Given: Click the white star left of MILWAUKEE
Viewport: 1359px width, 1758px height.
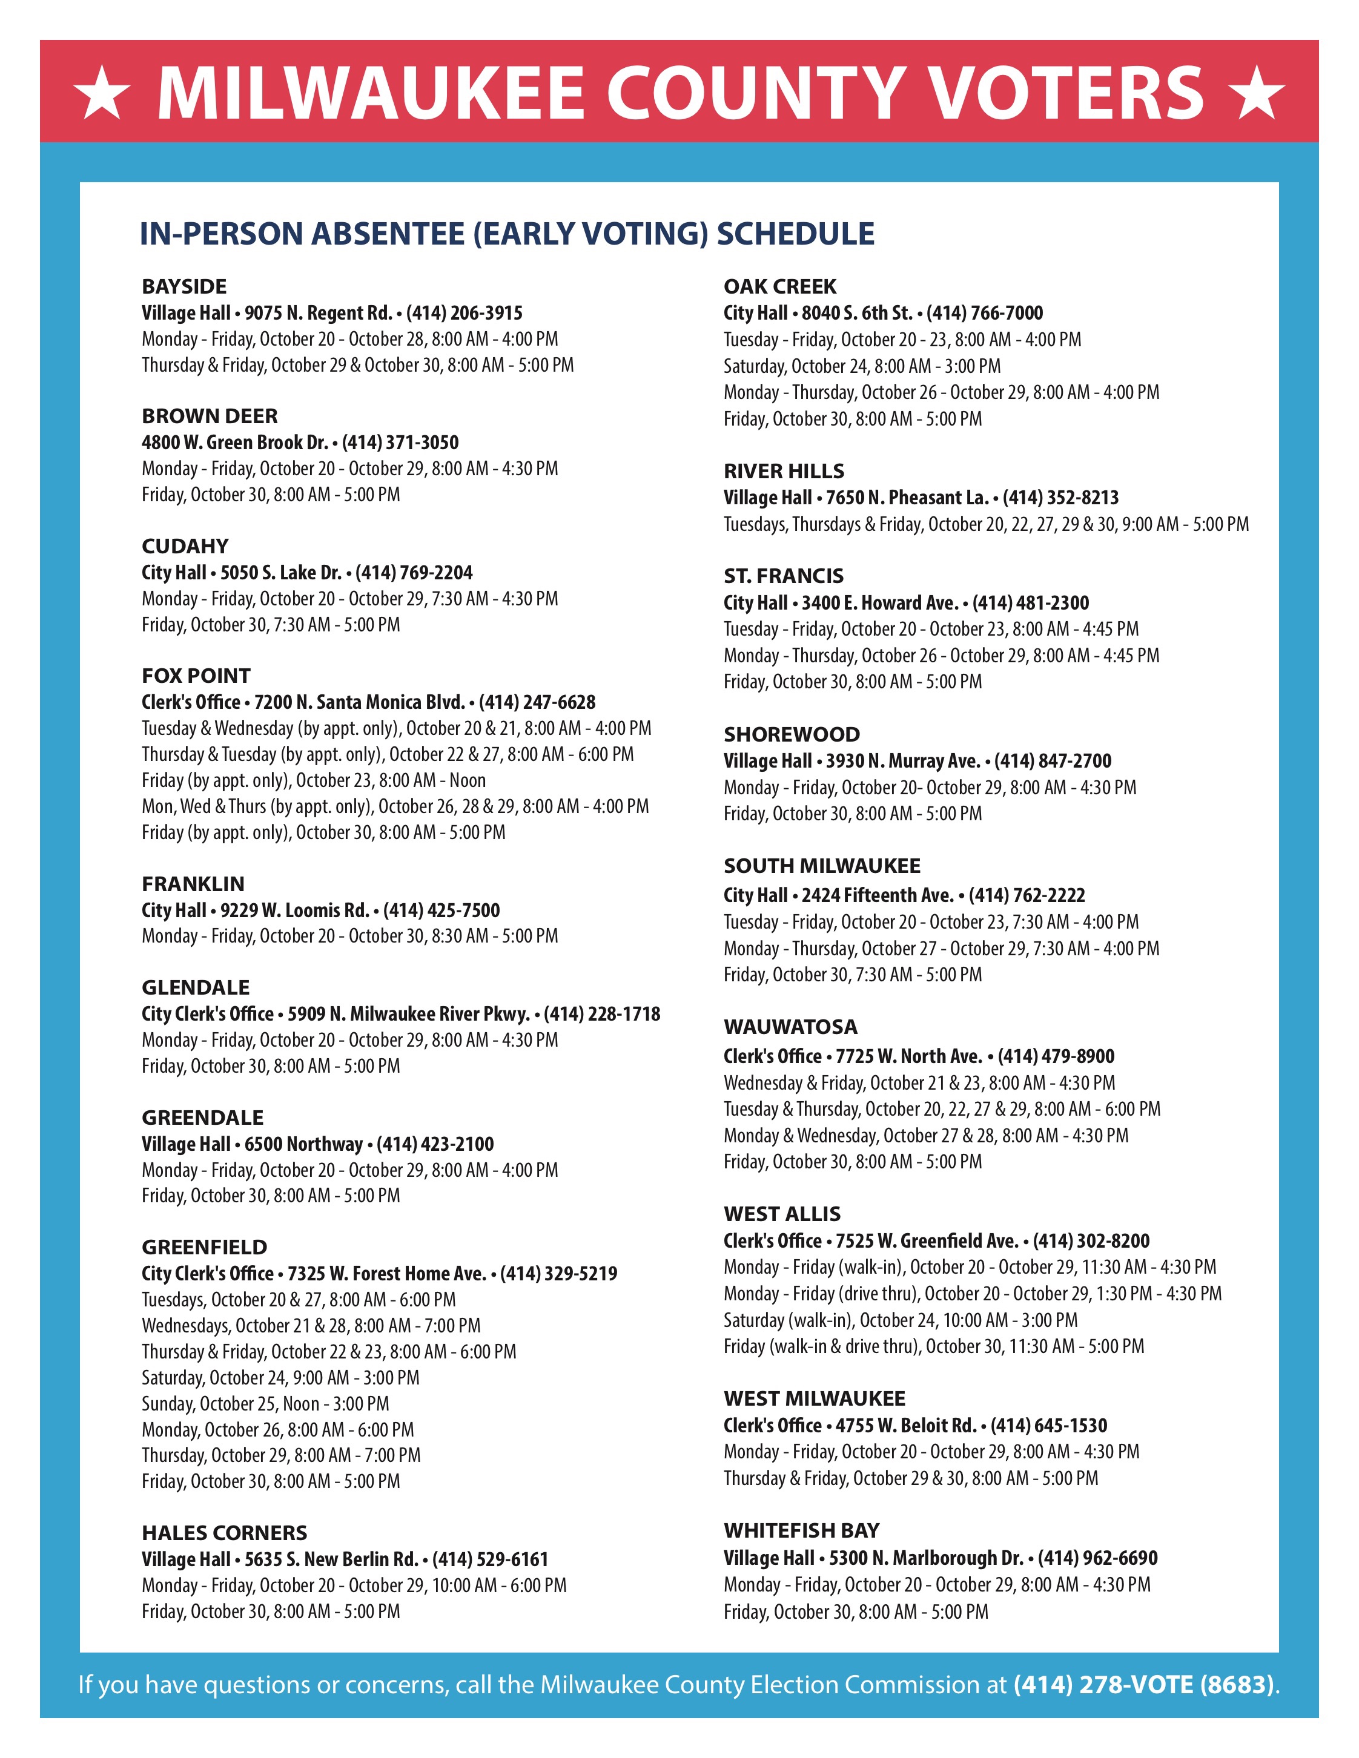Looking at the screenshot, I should [x=102, y=93].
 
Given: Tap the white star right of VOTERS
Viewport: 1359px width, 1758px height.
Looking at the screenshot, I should [x=1256, y=93].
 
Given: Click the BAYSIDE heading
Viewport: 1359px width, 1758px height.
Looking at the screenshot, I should [x=184, y=286].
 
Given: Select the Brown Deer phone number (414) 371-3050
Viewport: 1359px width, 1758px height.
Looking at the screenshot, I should [x=400, y=443].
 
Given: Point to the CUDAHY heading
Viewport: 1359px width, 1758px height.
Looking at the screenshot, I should [x=185, y=546].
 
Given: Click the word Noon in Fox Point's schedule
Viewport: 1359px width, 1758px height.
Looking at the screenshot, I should [x=468, y=780].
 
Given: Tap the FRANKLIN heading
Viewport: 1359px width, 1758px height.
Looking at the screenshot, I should [x=193, y=884].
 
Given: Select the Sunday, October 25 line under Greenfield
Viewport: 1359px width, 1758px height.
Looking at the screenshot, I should [x=266, y=1404].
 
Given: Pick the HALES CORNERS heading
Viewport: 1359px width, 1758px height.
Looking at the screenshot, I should [x=225, y=1533].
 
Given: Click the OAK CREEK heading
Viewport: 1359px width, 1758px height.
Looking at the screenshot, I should [x=780, y=286].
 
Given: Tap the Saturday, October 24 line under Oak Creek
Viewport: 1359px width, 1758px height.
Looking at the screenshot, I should [x=862, y=366].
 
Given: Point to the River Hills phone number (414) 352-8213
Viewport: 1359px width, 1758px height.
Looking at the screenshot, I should [x=1060, y=498].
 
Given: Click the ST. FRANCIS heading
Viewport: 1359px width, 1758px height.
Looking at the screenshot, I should [x=783, y=576].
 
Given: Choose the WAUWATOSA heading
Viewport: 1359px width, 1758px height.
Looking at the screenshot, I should [x=790, y=1027].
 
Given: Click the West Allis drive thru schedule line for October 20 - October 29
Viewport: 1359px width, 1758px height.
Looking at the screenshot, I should [x=973, y=1294].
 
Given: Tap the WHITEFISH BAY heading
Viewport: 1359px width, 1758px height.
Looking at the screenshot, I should [x=801, y=1530].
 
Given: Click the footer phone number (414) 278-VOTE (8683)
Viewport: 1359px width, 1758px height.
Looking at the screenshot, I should [x=1144, y=1685].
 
